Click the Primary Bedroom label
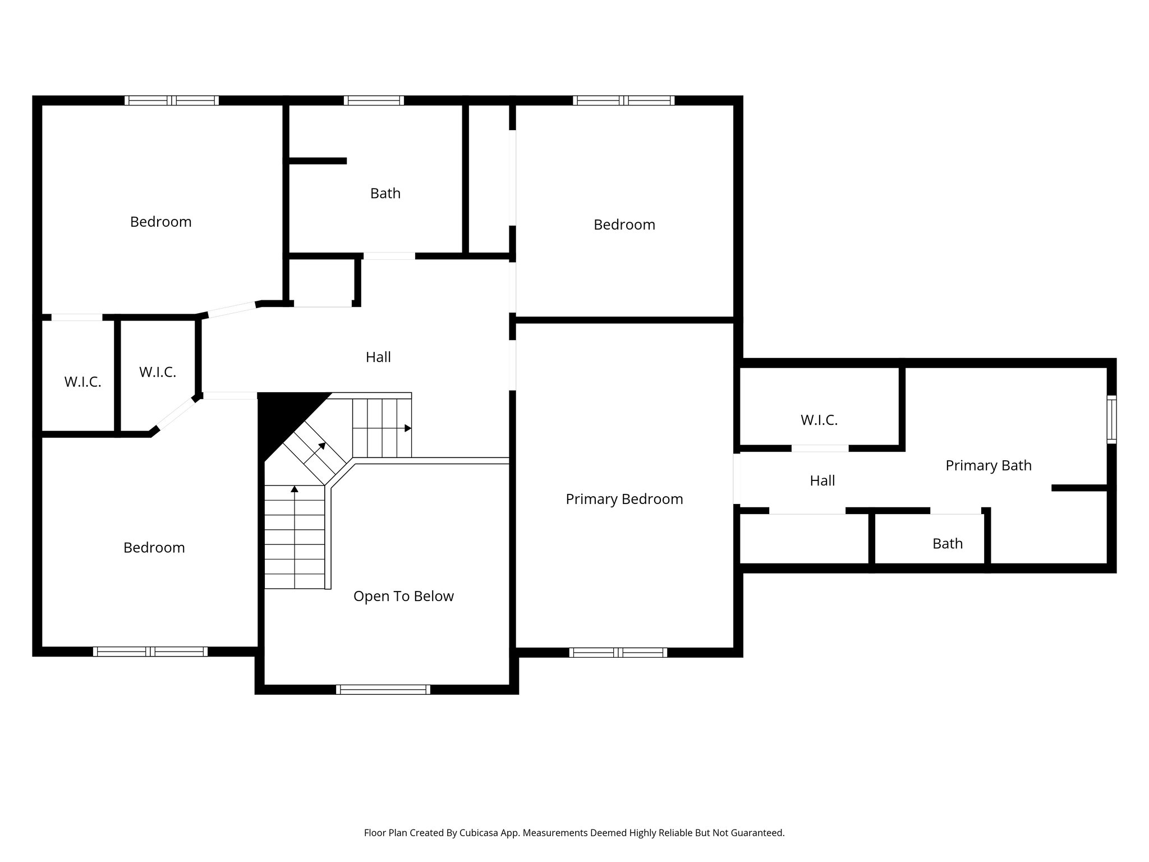624,499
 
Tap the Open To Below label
403,596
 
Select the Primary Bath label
988,465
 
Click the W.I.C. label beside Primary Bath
819,420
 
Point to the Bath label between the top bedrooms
385,193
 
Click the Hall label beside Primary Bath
822,480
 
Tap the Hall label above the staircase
378,357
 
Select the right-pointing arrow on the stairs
408,428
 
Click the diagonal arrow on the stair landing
321,447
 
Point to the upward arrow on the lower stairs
295,489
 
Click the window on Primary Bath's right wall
1111,419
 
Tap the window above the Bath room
374,100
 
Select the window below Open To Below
383,690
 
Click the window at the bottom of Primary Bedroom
618,652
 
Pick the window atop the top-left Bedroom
171,100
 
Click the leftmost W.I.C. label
82,382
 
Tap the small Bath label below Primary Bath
947,543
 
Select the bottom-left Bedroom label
154,548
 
